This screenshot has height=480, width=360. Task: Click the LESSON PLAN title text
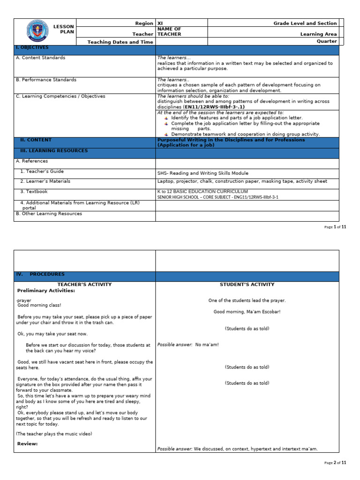64,30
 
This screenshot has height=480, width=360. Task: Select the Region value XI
160,23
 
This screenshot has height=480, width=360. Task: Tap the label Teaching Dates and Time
120,42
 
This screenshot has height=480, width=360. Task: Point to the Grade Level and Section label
305,23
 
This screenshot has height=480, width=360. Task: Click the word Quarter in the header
327,41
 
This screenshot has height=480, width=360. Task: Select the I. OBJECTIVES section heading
32,48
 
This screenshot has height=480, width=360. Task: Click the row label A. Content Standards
40,58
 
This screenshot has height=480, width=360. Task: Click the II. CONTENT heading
36,140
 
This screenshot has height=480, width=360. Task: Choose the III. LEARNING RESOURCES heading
53,151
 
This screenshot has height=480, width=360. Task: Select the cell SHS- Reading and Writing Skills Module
203,173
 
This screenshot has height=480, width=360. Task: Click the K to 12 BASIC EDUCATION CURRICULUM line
202,192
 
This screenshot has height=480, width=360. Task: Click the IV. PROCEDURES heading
40,274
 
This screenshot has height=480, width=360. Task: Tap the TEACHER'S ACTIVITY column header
84,285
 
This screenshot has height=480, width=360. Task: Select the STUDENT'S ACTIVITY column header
247,285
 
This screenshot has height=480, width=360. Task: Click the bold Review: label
28,443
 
